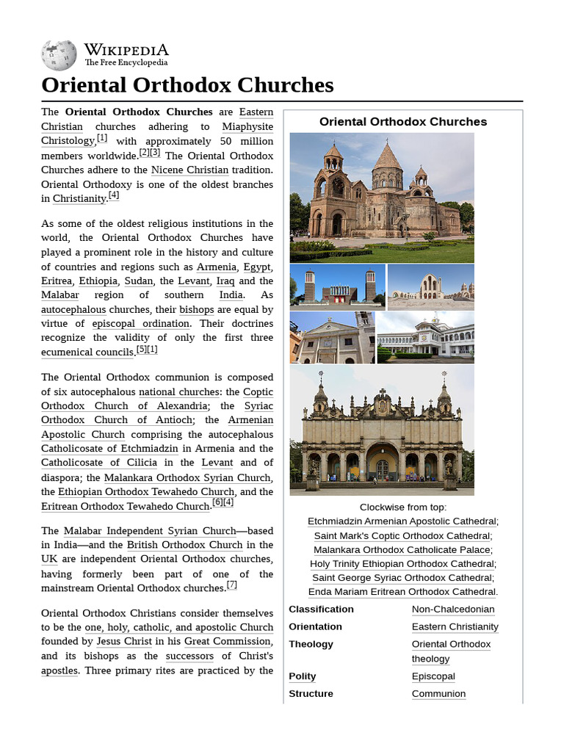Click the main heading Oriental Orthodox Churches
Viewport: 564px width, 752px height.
(187, 85)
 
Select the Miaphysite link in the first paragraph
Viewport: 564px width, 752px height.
(247, 126)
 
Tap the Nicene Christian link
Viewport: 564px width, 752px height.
(189, 170)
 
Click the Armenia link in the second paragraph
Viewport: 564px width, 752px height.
(217, 267)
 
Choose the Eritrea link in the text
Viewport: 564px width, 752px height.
(57, 281)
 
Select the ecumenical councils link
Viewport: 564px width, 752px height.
(87, 352)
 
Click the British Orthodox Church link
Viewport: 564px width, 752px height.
(184, 545)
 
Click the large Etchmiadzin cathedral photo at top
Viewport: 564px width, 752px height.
(382, 198)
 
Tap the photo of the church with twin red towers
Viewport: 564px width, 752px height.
(337, 287)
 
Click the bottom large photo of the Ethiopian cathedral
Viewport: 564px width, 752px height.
(382, 430)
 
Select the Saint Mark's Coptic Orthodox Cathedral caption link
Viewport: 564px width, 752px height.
(402, 535)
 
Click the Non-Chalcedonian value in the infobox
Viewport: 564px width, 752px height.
(452, 609)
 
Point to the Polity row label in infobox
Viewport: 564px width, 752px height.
(303, 676)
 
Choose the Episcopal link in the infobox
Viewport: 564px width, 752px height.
(433, 676)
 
